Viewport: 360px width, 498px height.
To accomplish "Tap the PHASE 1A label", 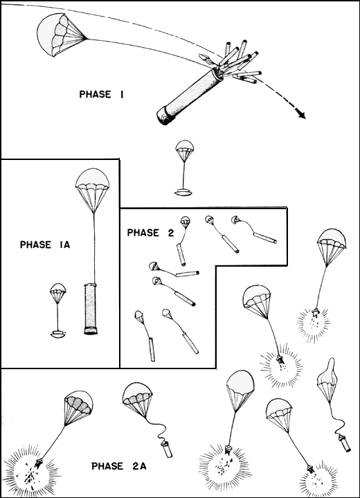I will [44, 244].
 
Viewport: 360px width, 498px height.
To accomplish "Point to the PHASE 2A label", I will [119, 465].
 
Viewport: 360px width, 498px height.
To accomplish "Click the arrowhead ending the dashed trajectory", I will [301, 114].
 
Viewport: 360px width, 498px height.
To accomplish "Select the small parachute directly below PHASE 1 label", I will [184, 150].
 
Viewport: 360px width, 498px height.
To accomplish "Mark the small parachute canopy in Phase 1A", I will [58, 292].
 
